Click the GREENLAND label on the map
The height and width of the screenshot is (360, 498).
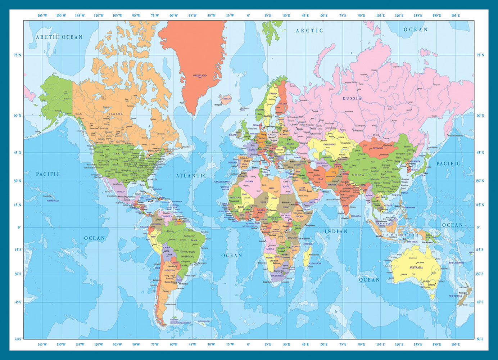[200, 76]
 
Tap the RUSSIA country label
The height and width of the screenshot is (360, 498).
[352, 98]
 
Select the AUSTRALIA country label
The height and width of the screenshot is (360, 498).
[416, 267]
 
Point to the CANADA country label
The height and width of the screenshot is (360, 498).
[116, 114]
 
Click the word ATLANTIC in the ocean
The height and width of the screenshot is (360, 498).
[191, 176]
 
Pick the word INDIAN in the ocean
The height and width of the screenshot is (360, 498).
[336, 231]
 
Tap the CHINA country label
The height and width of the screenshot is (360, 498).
[358, 175]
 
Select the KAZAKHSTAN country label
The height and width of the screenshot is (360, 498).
[329, 144]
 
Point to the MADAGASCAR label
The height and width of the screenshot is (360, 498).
[315, 264]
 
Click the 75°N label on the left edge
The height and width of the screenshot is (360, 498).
[17, 55]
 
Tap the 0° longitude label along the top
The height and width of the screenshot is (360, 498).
[248, 15]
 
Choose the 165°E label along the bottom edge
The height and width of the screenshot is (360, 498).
[456, 345]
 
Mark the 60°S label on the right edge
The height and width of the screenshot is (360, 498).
[480, 339]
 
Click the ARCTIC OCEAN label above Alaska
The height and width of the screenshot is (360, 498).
[59, 37]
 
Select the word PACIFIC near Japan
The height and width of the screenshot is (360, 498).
[448, 163]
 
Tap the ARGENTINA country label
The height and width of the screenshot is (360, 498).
[170, 270]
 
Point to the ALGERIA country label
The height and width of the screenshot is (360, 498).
[249, 181]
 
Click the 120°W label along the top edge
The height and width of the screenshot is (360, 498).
[99, 15]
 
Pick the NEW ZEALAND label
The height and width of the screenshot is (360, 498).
[455, 296]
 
